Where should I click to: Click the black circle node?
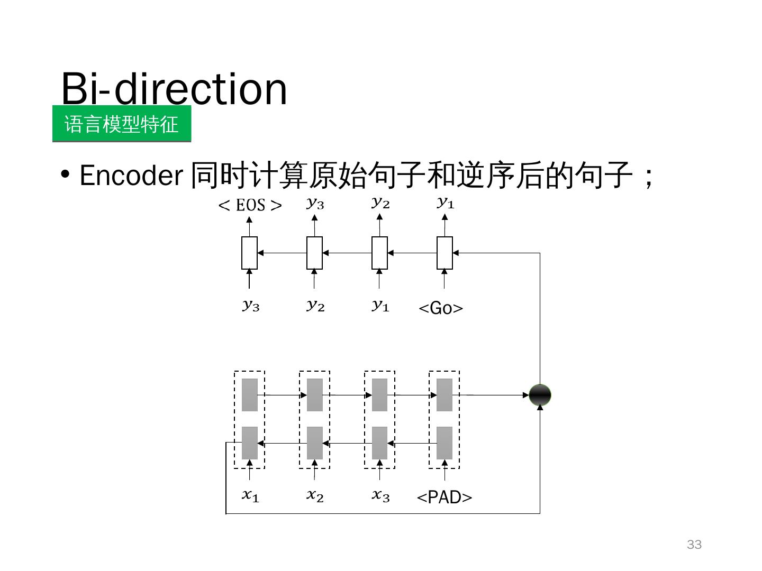point(540,395)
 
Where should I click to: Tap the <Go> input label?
point(441,308)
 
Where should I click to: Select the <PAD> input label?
point(444,497)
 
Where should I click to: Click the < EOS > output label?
point(250,205)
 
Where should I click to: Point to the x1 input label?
point(250,495)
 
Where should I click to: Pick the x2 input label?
point(315,495)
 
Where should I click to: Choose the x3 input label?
point(380,495)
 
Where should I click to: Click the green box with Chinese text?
point(122,124)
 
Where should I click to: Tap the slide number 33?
point(694,545)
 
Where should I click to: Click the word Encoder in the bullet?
point(131,175)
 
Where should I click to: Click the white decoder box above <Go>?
point(444,253)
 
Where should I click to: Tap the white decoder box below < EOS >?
point(249,253)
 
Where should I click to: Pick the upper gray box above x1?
point(250,395)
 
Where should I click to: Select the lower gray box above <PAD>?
point(444,443)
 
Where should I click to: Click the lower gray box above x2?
point(315,443)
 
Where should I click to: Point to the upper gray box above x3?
point(379,395)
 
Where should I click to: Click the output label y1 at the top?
point(446,202)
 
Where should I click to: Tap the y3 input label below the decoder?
point(251,306)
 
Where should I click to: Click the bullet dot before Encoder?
point(66,174)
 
